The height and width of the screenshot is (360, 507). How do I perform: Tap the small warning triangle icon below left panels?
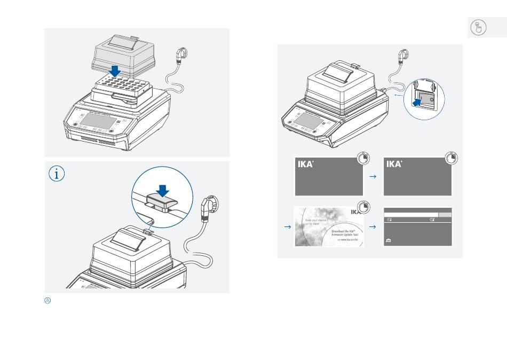click(x=47, y=301)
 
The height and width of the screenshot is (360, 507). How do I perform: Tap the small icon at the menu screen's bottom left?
click(x=388, y=241)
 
